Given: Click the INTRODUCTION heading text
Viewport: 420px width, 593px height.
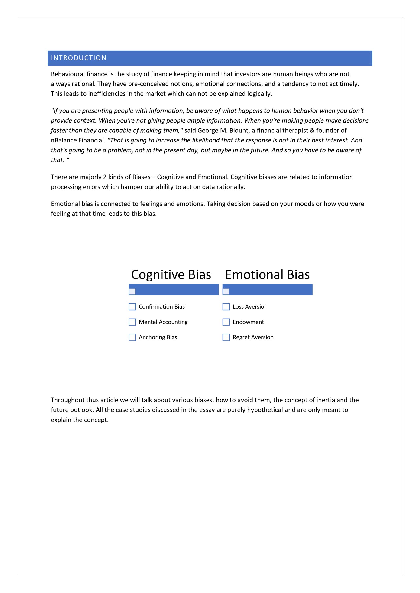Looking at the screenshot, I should click(x=78, y=58).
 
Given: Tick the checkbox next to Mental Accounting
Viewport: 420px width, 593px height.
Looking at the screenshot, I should click(x=132, y=322).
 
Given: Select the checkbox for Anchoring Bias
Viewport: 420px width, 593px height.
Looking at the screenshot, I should click(x=132, y=337).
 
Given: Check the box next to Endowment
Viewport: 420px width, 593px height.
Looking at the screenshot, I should click(x=226, y=322).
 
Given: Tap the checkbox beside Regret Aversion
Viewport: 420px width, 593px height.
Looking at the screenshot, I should click(x=226, y=337).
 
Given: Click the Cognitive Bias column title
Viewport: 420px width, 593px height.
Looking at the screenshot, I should click(x=171, y=274).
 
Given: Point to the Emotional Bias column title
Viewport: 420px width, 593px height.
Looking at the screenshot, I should click(x=267, y=274).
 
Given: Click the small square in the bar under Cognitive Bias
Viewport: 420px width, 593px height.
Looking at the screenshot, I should click(x=132, y=292).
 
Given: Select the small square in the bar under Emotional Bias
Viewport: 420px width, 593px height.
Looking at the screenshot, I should click(x=226, y=292).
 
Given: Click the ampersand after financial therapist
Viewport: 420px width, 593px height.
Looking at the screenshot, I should click(x=312, y=130).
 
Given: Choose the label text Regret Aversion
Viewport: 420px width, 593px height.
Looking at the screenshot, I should click(x=253, y=337).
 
